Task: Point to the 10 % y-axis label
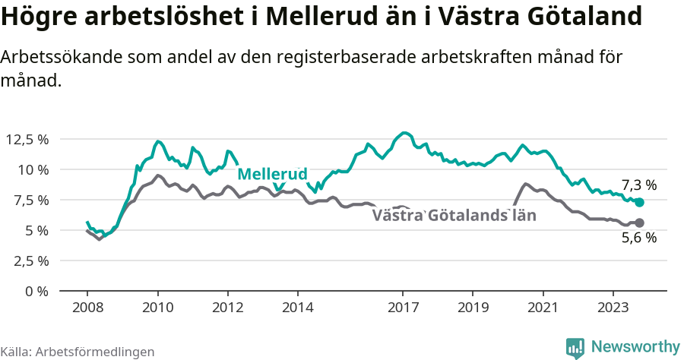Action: click(x=33, y=169)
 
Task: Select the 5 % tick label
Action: click(x=37, y=230)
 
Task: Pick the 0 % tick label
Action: click(x=37, y=291)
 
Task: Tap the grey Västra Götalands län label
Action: click(x=454, y=216)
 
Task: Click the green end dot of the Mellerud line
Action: click(x=639, y=203)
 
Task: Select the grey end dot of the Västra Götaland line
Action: click(x=639, y=223)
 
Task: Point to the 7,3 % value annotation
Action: click(x=638, y=185)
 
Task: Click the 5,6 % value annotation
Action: click(x=638, y=238)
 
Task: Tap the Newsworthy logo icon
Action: click(x=576, y=347)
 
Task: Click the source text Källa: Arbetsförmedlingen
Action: click(x=78, y=352)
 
